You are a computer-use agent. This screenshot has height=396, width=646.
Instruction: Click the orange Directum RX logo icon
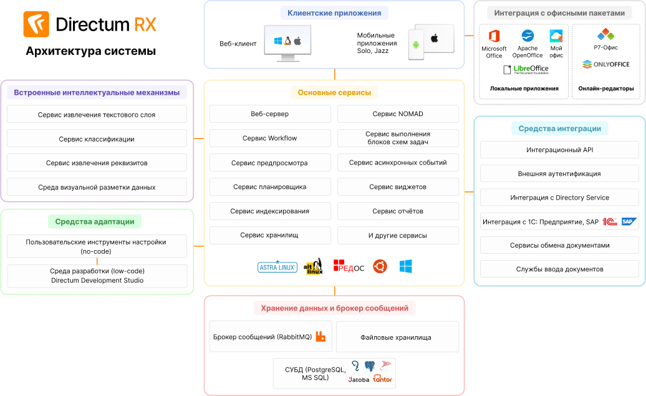(36, 24)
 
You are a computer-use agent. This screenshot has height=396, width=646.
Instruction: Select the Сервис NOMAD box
(398, 113)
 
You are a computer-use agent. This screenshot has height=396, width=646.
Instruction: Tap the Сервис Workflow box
(270, 138)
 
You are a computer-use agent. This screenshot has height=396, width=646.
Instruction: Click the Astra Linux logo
(277, 267)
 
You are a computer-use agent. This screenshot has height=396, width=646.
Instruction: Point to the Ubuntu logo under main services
(380, 267)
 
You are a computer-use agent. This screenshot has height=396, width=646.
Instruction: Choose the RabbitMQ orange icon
(321, 337)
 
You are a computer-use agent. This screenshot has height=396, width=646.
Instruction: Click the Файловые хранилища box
(398, 337)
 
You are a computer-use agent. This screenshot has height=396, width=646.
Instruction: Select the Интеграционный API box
(559, 150)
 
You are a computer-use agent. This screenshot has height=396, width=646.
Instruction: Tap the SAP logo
(629, 221)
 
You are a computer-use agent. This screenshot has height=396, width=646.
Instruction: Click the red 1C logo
(610, 221)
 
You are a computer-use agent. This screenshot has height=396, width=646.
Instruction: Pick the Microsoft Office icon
(494, 36)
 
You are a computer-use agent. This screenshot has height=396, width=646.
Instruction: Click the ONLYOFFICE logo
(606, 64)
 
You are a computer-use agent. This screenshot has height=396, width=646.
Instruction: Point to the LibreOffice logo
(526, 69)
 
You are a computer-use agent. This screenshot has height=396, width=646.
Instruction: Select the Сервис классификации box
(97, 139)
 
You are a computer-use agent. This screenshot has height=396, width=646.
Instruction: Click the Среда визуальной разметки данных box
(97, 187)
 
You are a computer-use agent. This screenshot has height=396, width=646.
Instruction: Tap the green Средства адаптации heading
(95, 221)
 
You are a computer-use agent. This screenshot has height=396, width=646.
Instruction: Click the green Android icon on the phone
(416, 45)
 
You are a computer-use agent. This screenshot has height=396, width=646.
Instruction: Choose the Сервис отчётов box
(398, 211)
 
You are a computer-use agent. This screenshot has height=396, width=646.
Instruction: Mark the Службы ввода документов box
(559, 269)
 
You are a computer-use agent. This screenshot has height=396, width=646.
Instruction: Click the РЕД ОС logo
(349, 266)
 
